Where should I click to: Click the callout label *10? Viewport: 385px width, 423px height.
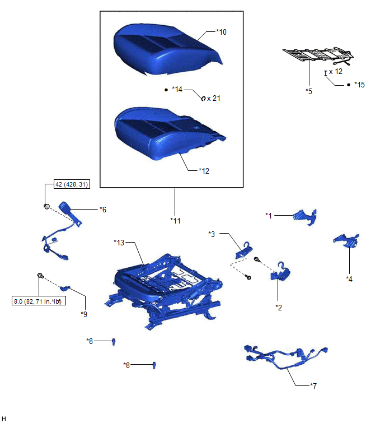(x=221, y=32)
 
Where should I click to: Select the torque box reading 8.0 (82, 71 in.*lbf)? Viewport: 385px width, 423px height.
(x=39, y=301)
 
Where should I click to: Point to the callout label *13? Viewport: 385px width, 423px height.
(x=119, y=243)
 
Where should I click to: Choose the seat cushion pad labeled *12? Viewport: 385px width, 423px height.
(x=169, y=133)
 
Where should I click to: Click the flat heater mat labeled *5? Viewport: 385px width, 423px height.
(x=318, y=56)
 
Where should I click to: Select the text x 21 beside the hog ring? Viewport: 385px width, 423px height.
(x=214, y=98)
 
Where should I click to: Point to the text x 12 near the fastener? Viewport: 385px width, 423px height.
(x=336, y=72)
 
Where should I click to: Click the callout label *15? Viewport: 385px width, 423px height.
(x=359, y=85)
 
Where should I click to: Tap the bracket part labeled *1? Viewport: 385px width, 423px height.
(x=305, y=217)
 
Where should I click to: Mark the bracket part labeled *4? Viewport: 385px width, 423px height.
(x=347, y=240)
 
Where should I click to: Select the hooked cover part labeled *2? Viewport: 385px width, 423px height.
(x=280, y=272)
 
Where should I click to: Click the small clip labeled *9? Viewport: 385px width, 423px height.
(x=65, y=288)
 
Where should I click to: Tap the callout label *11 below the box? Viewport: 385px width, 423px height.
(x=175, y=221)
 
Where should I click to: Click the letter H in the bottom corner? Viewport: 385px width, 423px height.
(x=3, y=419)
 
